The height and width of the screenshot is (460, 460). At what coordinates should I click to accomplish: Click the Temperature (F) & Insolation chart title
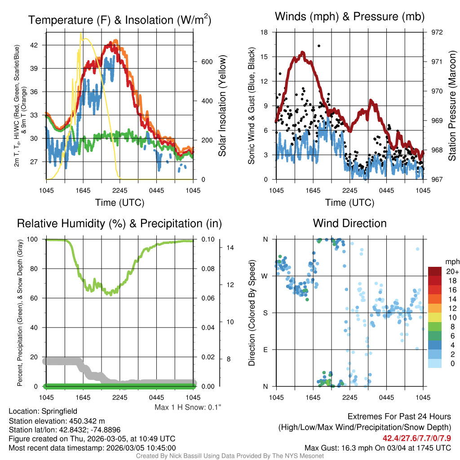[x=119, y=20]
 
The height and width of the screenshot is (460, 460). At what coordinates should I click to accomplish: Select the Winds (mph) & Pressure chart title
[x=349, y=17]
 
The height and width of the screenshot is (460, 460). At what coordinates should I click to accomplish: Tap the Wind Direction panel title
[x=349, y=223]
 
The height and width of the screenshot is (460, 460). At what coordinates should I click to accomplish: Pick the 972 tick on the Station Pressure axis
[x=437, y=32]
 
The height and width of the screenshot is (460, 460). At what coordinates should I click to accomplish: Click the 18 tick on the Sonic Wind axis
[x=264, y=32]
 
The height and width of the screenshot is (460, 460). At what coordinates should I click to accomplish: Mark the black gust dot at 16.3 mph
[x=319, y=46]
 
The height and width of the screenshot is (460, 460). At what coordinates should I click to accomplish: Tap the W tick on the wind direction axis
[x=265, y=276]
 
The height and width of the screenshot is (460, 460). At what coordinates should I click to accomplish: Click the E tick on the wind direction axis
[x=265, y=349]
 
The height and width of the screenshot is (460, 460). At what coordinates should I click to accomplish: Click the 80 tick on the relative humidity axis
[x=35, y=269]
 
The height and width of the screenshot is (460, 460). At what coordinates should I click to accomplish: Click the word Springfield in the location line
[x=59, y=411]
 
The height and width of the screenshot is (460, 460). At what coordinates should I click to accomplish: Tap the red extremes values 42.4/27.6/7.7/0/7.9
[x=417, y=438]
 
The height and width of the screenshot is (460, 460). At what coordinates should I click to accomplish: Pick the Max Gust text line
[x=377, y=447]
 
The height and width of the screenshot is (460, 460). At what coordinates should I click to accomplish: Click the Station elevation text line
[x=57, y=421]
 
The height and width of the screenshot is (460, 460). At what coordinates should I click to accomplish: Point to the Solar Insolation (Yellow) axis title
[x=222, y=106]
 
